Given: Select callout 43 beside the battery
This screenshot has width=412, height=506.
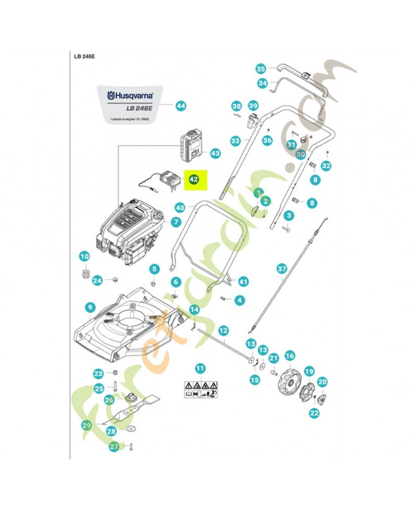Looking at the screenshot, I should pyautogui.click(x=215, y=153).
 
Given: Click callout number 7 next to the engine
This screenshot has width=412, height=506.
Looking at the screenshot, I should pyautogui.click(x=176, y=222).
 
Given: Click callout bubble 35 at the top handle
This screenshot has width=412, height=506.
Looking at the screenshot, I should pyautogui.click(x=261, y=68).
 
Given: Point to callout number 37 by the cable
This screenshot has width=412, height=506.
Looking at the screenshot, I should pyautogui.click(x=282, y=269).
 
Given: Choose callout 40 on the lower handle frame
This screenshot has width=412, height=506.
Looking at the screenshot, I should pyautogui.click(x=180, y=207).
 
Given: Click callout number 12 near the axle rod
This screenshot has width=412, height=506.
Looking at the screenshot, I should pyautogui.click(x=222, y=330).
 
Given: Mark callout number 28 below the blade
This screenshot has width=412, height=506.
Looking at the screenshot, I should pyautogui.click(x=111, y=431).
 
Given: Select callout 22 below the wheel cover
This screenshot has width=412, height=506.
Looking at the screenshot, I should pyautogui.click(x=314, y=412).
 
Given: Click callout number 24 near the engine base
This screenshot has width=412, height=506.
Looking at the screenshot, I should pyautogui.click(x=97, y=280).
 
